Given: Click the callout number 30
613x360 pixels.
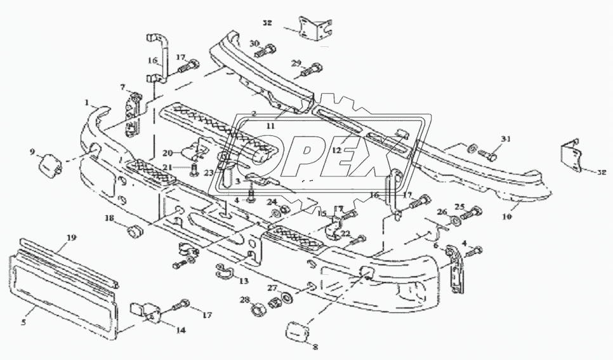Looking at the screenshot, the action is click(254, 43).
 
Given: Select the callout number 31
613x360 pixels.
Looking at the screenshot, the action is click(506, 139).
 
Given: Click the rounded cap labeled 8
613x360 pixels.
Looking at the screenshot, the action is click(296, 331).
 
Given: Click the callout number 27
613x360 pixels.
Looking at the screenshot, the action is click(272, 286).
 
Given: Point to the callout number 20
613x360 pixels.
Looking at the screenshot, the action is click(167, 153).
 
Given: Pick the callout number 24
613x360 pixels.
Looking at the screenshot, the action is click(272, 202).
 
